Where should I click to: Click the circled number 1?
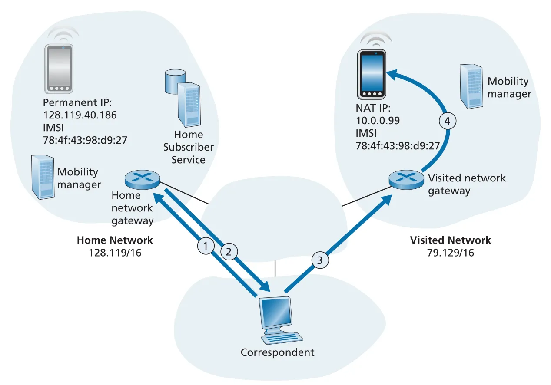click(x=206, y=246)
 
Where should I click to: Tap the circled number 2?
click(x=229, y=252)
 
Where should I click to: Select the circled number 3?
click(x=320, y=260)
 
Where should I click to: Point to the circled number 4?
click(x=448, y=121)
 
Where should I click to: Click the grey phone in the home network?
click(x=59, y=69)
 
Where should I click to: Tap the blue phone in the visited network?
click(x=372, y=75)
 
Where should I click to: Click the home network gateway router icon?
click(x=142, y=179)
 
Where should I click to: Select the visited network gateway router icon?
click(x=406, y=180)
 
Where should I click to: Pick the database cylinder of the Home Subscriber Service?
click(x=175, y=81)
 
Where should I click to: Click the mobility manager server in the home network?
click(x=43, y=177)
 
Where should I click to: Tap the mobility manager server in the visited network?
click(x=471, y=86)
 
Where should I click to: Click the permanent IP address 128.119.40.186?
click(x=80, y=115)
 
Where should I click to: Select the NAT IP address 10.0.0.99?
click(x=378, y=121)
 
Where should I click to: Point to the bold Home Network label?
click(x=115, y=240)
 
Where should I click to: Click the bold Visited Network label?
click(x=450, y=240)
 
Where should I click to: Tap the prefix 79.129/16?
click(x=450, y=253)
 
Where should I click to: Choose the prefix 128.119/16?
click(x=115, y=253)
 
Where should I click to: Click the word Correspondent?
click(x=278, y=352)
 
